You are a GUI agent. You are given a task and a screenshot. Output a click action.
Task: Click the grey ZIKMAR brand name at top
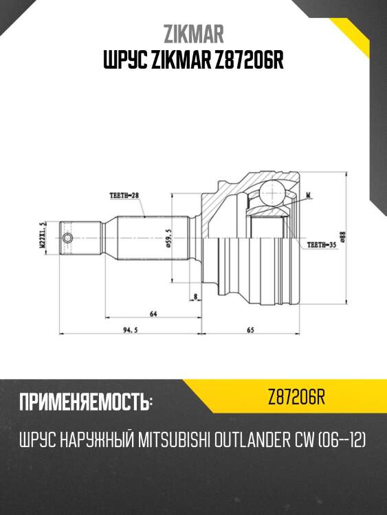193,34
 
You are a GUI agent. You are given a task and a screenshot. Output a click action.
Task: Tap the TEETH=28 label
124,196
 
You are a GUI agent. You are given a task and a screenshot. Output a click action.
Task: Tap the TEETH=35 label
321,244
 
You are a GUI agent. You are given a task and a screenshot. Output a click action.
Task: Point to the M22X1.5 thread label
43,236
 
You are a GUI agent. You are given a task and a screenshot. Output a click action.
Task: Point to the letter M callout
309,196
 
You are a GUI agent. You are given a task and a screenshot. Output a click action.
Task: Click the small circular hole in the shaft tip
67,238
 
